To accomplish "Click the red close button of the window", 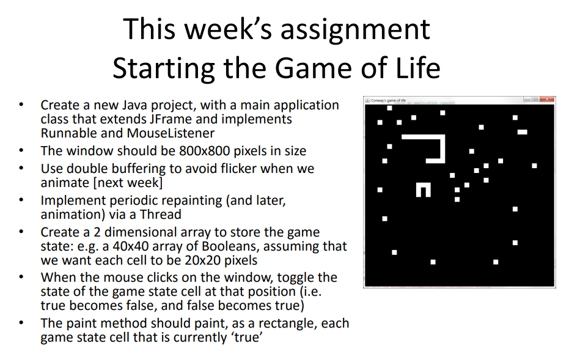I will pos(548,100).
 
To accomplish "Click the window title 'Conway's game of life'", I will pos(388,100).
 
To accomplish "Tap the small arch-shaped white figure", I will pos(423,189).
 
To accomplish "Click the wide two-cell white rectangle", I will pos(522,132).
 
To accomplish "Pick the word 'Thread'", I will pos(161,215).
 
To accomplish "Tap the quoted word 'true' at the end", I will pos(246,337).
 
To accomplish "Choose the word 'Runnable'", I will pos(67,133).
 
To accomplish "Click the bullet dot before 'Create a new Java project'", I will pos(23,105).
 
